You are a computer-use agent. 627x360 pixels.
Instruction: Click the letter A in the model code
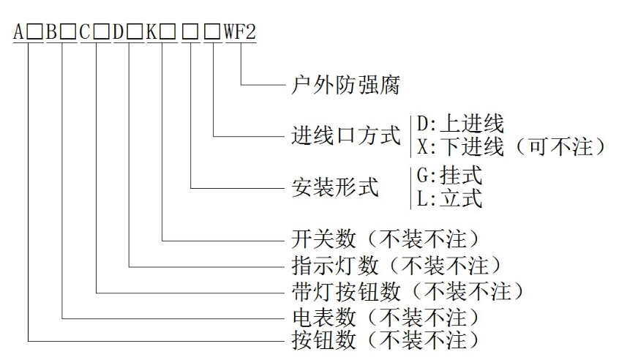click(x=17, y=33)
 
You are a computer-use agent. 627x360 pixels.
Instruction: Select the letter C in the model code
click(x=86, y=33)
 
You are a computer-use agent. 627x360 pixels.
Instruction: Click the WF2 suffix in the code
click(x=241, y=33)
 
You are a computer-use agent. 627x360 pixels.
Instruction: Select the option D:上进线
click(x=460, y=123)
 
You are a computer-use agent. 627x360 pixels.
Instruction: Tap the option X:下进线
click(x=460, y=147)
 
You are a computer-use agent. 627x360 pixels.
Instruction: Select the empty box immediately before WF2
click(x=212, y=34)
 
